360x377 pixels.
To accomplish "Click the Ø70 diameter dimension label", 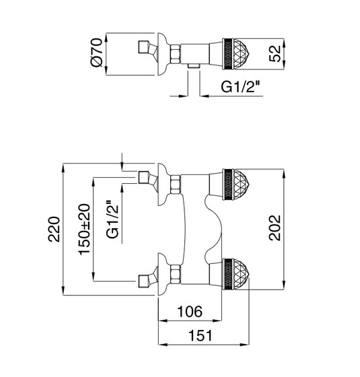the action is tap(97, 53).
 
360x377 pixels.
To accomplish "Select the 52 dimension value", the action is tap(275, 54).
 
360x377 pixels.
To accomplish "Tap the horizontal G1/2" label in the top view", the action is tap(241, 87).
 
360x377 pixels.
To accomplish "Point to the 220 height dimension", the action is tap(54, 229).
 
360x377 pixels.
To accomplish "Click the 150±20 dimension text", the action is tap(84, 229).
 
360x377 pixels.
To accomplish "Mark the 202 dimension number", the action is tap(275, 228).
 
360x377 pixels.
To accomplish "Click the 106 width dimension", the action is tap(190, 311).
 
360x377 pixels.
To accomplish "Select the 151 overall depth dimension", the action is tap(201, 335).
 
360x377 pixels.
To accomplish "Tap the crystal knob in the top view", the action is tap(236, 54).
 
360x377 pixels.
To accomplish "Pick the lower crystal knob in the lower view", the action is tap(236, 275).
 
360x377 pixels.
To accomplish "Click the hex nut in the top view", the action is tap(176, 54).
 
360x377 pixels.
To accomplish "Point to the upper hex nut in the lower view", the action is tap(176, 184).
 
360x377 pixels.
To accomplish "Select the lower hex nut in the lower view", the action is tap(176, 275).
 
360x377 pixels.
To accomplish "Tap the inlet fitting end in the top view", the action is tap(143, 47).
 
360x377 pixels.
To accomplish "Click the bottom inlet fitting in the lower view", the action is tap(144, 281).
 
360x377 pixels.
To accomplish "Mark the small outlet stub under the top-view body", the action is tap(194, 67).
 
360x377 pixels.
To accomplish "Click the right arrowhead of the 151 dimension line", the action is tap(245, 344).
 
